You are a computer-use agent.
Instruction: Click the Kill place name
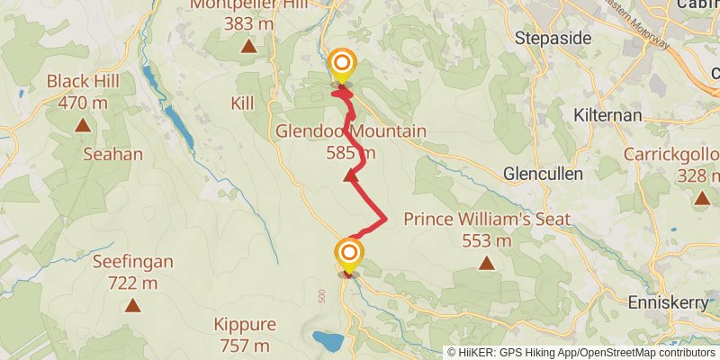point(242,103)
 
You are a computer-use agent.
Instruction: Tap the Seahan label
point(112,154)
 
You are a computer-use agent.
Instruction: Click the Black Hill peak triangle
point(83,125)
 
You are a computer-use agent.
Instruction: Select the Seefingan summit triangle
point(133,305)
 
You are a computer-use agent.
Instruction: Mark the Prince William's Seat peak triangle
point(487,263)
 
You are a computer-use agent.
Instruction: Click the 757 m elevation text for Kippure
point(245,345)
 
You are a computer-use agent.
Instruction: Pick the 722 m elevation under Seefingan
point(132,283)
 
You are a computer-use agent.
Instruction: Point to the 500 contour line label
point(321,295)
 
